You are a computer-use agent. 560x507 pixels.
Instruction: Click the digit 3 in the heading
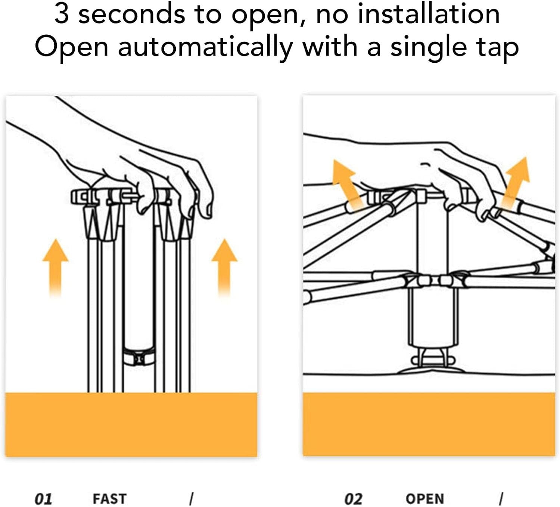(62, 14)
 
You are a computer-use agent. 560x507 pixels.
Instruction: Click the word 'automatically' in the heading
(205, 47)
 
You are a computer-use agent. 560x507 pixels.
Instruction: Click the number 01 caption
(43, 499)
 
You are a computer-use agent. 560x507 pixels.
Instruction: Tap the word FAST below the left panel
(110, 499)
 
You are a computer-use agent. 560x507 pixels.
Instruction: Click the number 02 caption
(354, 499)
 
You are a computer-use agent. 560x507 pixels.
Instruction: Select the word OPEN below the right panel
(424, 499)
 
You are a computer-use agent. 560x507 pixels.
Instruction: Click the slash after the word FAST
(191, 499)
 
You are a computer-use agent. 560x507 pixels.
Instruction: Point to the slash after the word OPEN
(501, 499)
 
